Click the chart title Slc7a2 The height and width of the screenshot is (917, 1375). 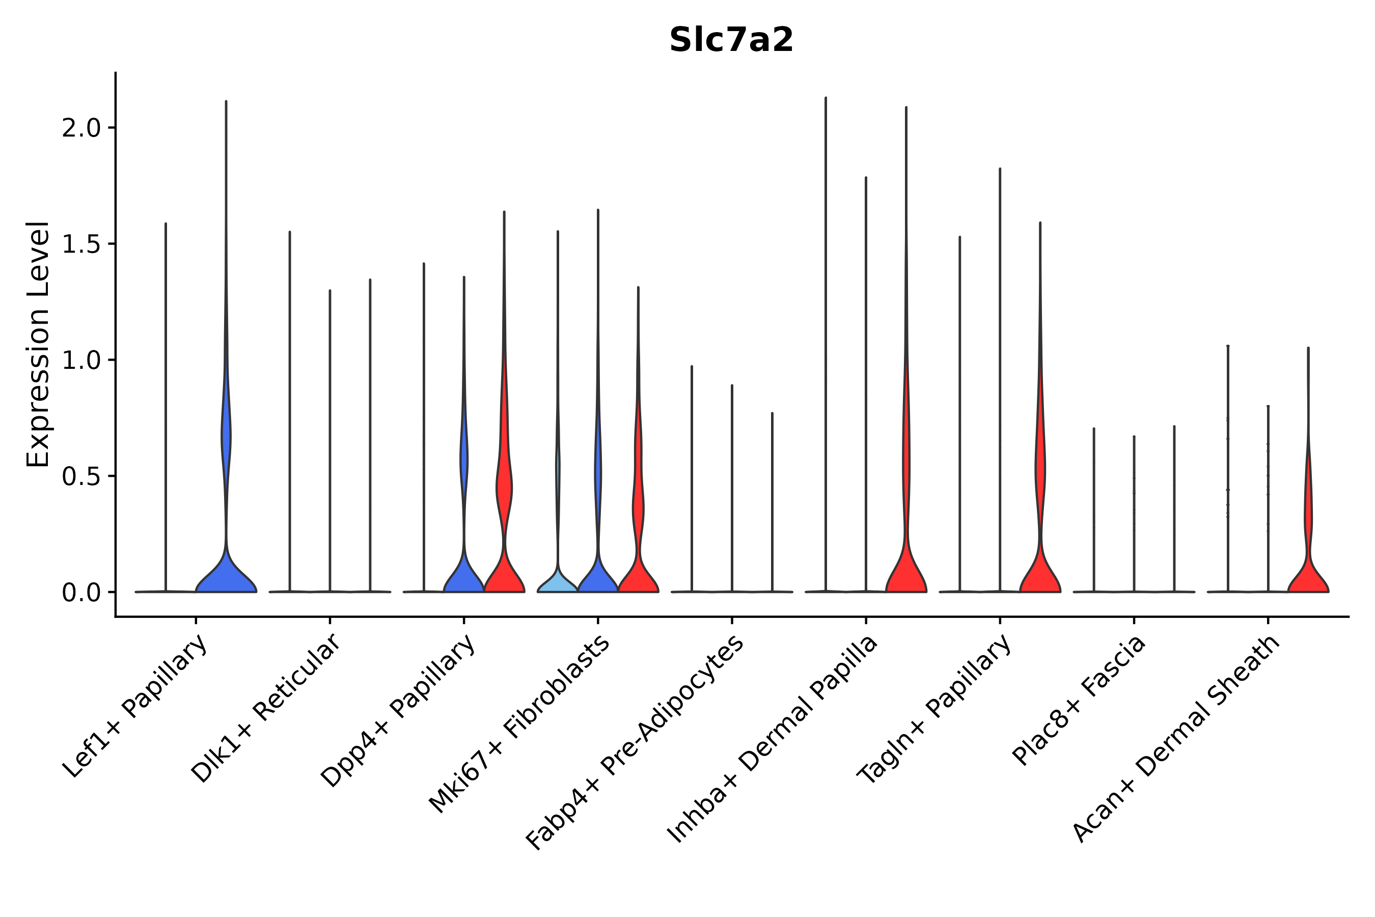pyautogui.click(x=731, y=40)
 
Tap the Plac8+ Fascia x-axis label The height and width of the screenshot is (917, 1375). pyautogui.click(x=1079, y=700)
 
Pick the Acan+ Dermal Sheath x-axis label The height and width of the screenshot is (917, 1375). pyautogui.click(x=1176, y=739)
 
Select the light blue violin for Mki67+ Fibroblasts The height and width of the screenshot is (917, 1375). pyautogui.click(x=557, y=581)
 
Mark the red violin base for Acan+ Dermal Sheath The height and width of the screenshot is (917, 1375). pyautogui.click(x=1308, y=579)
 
